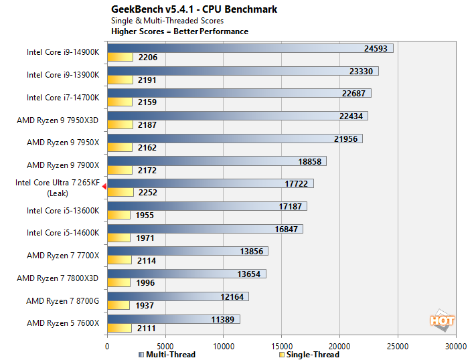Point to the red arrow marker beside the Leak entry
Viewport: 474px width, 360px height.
pos(104,188)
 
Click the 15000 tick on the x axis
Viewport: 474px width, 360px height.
pos(281,346)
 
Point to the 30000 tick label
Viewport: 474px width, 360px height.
pos(456,346)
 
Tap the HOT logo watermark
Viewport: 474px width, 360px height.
pos(442,320)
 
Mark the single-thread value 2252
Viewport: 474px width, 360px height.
pos(147,193)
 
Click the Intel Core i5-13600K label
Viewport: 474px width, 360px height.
pos(63,210)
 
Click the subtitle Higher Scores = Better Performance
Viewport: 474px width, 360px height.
pos(179,31)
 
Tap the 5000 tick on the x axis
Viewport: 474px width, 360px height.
pos(165,346)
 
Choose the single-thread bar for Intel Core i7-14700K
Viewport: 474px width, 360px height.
pos(119,102)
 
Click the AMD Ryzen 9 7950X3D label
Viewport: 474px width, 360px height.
pos(58,120)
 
